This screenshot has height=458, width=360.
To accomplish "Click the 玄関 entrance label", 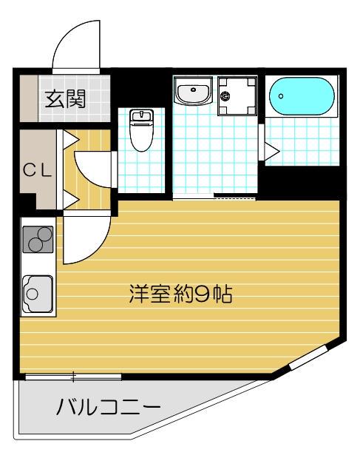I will pos(64,99).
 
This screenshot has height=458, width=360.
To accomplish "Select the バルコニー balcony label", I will pos(108,406).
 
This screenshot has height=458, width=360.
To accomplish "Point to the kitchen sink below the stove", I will pos(36,291).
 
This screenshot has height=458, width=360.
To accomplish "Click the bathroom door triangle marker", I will pos(271,151).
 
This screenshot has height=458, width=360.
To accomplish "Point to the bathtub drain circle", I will pos(281,96).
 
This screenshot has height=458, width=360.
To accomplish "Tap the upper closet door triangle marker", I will pos(69,138).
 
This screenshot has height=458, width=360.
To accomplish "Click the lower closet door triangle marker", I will pos(69,198).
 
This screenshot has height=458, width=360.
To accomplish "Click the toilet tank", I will pos(140,115).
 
